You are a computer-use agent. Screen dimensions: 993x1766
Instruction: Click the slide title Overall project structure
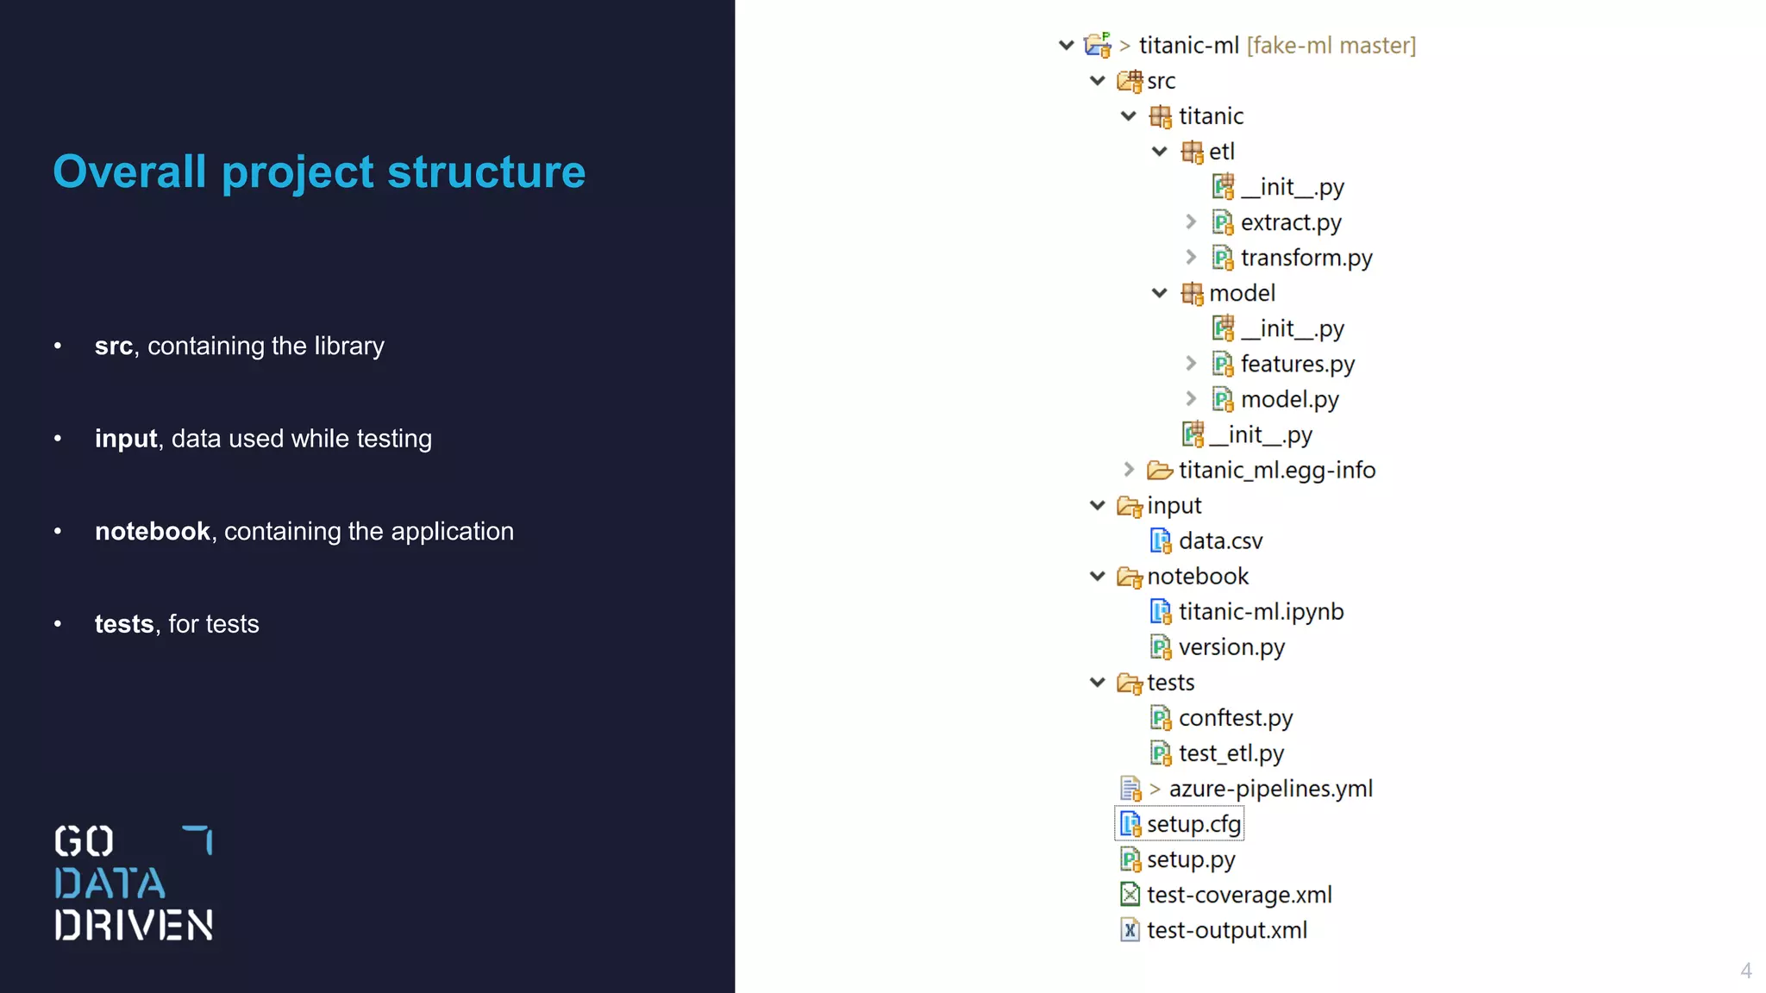(319, 172)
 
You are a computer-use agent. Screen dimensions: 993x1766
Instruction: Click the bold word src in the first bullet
(113, 347)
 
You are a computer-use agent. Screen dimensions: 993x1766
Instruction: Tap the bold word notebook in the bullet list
(152, 532)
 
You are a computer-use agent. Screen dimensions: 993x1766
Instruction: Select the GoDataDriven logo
(134, 883)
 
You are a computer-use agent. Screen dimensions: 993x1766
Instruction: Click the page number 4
(1745, 971)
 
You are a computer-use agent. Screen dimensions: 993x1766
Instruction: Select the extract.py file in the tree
(1290, 222)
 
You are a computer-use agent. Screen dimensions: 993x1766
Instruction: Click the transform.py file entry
(1306, 258)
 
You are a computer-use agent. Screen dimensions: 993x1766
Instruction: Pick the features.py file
(1297, 364)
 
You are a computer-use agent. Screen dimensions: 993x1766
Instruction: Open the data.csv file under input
(1220, 541)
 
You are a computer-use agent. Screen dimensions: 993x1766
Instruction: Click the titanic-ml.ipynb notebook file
(1261, 612)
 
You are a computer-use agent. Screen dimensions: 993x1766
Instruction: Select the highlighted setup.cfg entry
(1193, 824)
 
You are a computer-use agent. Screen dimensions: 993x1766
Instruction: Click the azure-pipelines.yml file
(1270, 789)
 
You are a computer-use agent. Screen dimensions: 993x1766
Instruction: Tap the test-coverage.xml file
(1238, 895)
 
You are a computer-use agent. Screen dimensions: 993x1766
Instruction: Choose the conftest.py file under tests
(1235, 718)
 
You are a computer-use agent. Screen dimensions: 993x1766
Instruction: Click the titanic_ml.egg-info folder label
(1276, 471)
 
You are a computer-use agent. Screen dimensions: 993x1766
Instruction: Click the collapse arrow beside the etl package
(1160, 152)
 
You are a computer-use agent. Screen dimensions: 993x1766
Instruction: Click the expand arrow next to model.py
(1191, 399)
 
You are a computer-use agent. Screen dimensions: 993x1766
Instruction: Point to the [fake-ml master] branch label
(1331, 46)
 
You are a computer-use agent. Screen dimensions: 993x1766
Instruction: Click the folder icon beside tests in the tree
(1130, 684)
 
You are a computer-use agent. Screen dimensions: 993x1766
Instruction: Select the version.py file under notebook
(1231, 647)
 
